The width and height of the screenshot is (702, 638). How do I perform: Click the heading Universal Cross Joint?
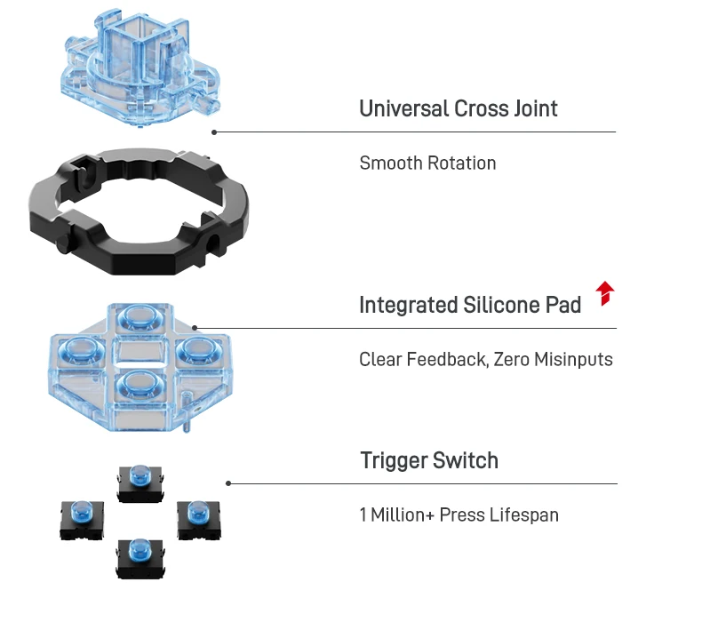[x=458, y=109]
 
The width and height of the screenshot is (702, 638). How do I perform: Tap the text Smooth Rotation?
[x=427, y=163]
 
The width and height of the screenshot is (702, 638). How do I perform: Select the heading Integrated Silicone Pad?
[x=469, y=306]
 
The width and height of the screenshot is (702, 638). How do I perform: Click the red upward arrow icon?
[x=605, y=293]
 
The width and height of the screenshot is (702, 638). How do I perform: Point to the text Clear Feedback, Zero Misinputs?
[x=485, y=360]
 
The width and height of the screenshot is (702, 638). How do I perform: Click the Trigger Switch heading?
[x=428, y=461]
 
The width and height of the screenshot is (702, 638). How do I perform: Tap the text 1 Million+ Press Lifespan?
[x=459, y=515]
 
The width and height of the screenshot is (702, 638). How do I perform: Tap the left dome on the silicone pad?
[x=81, y=352]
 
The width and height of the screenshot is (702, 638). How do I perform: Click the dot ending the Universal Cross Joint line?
[x=214, y=132]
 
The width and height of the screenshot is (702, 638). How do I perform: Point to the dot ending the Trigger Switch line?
[x=228, y=483]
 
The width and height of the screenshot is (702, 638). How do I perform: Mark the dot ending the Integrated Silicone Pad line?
[x=195, y=328]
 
